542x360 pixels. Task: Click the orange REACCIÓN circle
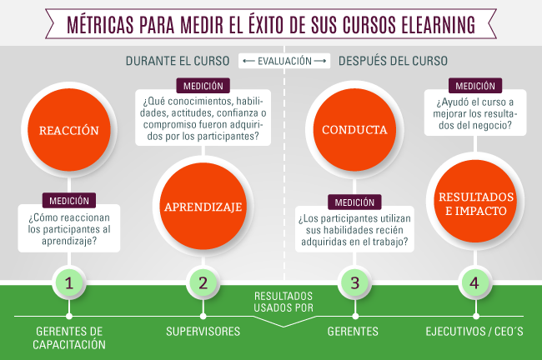69,131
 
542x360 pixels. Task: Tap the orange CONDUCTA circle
354,131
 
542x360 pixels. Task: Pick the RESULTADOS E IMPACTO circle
473,203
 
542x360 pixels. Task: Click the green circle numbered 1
70,283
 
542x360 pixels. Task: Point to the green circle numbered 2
203,283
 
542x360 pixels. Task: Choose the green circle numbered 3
354,283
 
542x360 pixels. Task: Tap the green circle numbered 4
474,283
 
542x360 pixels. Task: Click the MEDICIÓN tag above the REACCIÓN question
69,201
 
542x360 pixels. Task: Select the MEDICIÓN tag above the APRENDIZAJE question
203,85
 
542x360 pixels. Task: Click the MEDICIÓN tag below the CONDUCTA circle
354,202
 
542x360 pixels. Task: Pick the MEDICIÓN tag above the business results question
473,85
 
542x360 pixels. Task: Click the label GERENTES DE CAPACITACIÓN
70,337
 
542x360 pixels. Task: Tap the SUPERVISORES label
203,331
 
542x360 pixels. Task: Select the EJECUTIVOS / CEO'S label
473,331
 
